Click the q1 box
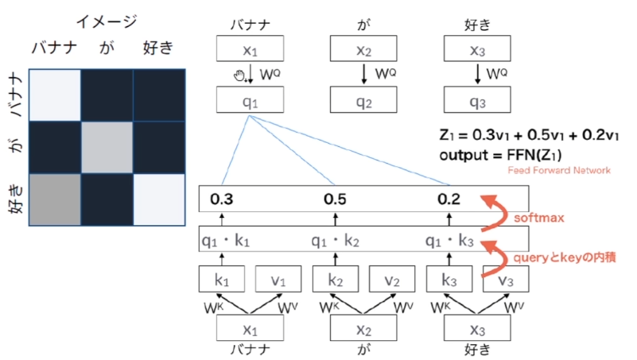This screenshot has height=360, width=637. [250, 99]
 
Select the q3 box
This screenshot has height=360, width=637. [477, 99]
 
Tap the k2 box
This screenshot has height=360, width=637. [336, 279]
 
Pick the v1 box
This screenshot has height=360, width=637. [278, 279]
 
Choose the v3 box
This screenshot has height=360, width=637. [506, 279]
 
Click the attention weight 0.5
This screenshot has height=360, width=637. [335, 199]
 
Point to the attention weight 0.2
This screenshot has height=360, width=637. [449, 199]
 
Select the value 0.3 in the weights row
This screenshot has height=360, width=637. [221, 199]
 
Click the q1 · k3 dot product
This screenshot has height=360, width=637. [449, 241]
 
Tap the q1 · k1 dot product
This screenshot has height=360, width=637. [226, 241]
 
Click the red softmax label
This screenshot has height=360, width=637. [539, 218]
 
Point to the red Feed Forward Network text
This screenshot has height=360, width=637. [559, 170]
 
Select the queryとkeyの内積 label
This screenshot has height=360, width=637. [565, 257]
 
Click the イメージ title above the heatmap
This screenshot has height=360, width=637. [107, 21]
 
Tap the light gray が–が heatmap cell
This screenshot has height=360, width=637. [107, 147]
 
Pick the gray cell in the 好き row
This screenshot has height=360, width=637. [55, 199]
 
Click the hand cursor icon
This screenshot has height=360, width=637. [239, 75]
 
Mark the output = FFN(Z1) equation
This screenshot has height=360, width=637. [500, 155]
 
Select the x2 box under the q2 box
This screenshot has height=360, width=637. [363, 328]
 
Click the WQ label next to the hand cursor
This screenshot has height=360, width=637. [270, 74]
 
